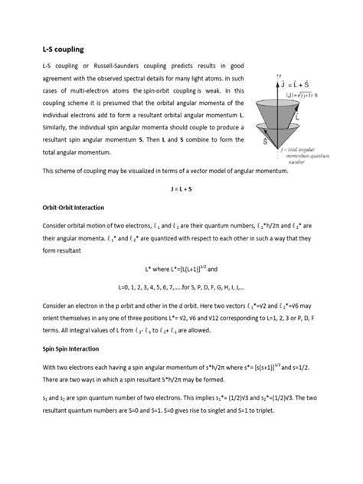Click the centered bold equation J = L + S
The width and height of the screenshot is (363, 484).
[181, 188]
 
